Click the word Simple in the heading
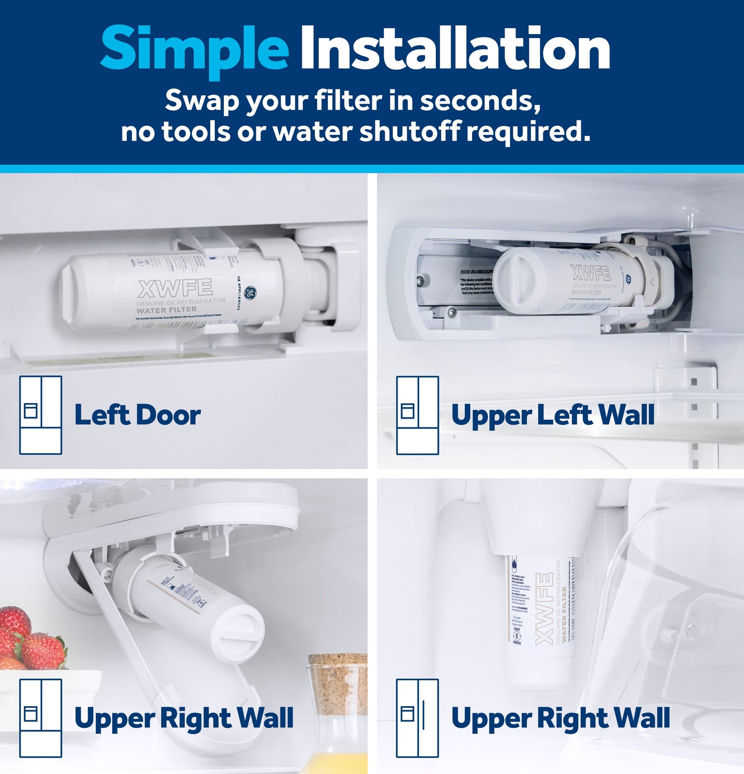pos(194,49)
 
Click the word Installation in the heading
pos(455,48)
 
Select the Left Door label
pos(137,415)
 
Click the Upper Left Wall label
pos(552,415)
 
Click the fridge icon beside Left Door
pos(41,415)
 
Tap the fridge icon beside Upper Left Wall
pos(417,415)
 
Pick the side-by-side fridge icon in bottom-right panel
pos(417,718)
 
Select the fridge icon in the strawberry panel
pos(41,718)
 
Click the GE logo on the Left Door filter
pos(250,294)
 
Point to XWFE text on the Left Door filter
pos(175,288)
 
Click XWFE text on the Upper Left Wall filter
pos(590,273)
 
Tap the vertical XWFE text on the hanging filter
pos(544,610)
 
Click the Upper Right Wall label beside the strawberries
pos(184,718)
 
